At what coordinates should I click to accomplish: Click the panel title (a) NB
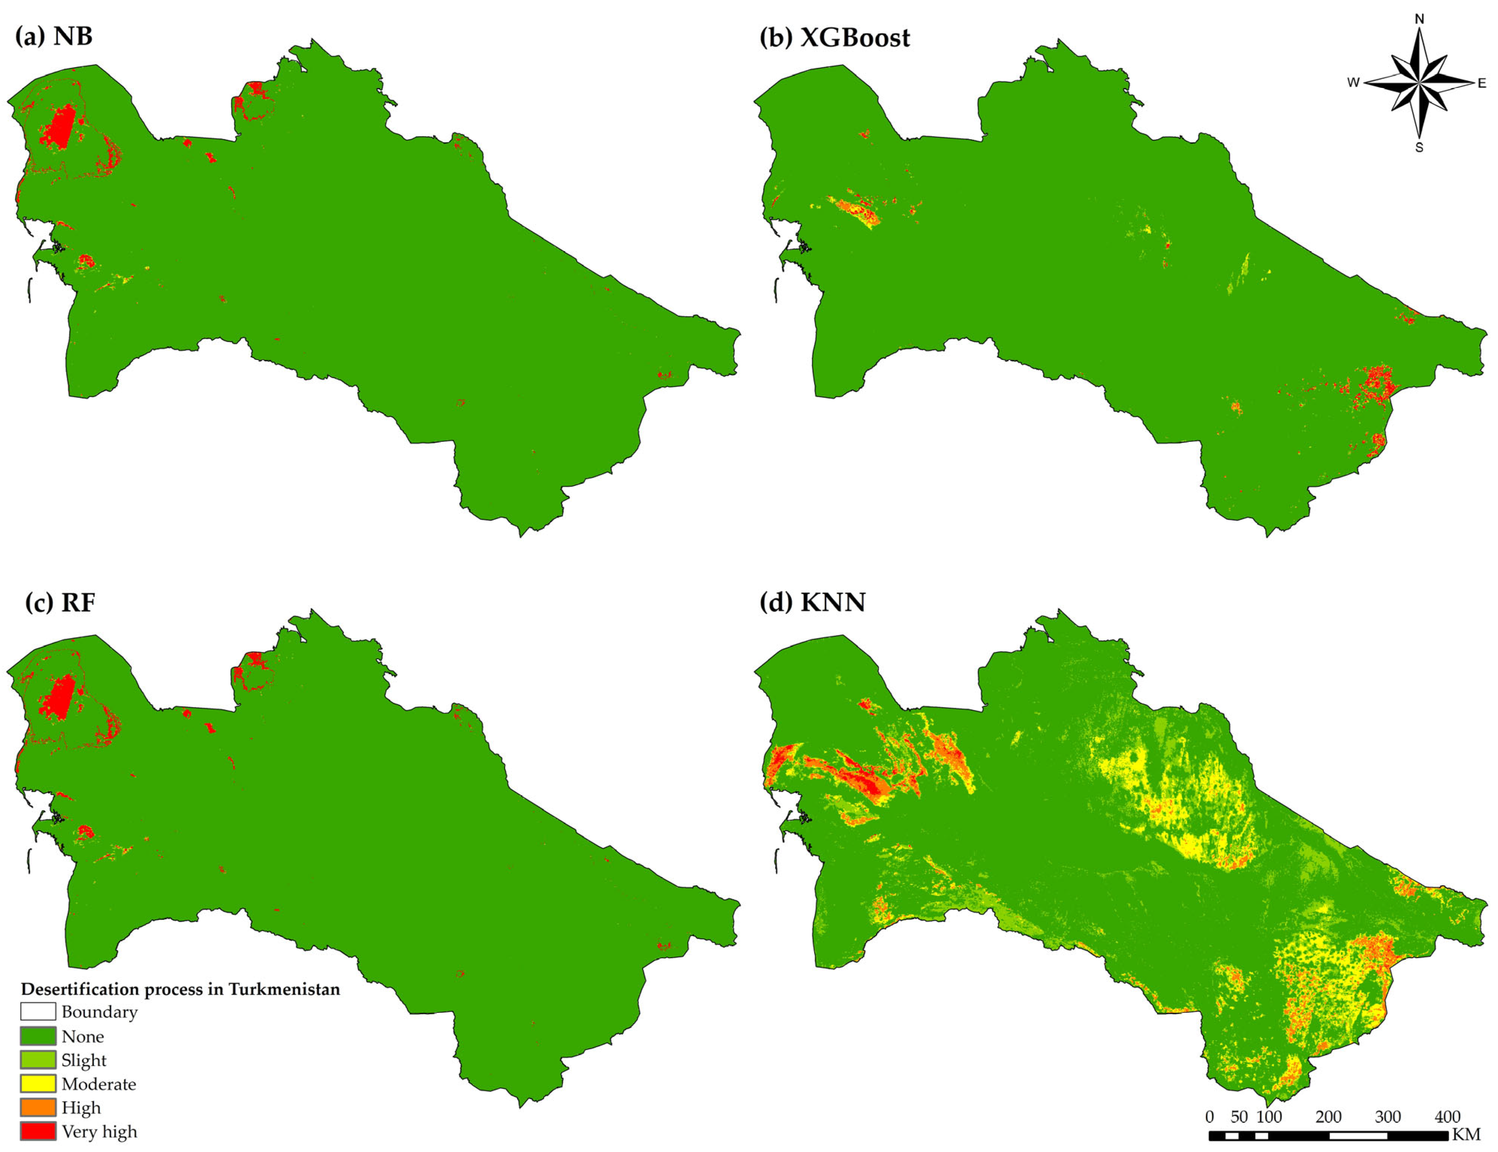click(54, 36)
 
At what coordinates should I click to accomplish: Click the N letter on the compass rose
click(1419, 19)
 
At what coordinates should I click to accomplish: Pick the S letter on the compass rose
click(1419, 147)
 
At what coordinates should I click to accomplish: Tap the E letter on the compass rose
click(1481, 84)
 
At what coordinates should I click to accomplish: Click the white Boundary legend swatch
click(38, 1011)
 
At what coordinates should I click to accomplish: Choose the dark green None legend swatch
click(38, 1035)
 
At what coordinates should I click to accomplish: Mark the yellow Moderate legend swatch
click(38, 1083)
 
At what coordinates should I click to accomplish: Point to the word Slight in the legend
click(84, 1060)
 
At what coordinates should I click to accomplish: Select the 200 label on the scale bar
click(1328, 1116)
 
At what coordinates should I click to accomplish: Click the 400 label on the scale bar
click(1447, 1116)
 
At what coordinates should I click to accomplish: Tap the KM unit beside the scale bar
click(1466, 1135)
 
